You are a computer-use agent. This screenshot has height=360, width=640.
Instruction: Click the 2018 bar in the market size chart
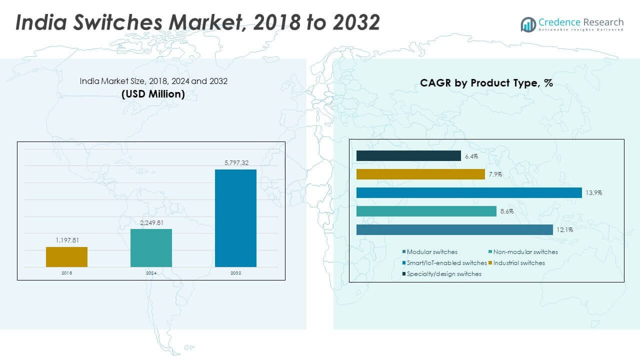66,257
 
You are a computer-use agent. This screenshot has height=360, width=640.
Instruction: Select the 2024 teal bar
151,248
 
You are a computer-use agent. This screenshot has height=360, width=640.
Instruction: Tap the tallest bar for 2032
235,218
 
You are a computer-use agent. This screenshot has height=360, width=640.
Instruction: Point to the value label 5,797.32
235,163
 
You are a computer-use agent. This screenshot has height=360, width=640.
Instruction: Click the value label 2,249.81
151,223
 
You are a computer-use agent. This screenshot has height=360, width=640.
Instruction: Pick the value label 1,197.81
66,240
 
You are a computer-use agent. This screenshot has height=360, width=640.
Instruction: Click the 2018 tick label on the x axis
66,273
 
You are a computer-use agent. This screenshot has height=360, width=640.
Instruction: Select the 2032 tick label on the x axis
235,273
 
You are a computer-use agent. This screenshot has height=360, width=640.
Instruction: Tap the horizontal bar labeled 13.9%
469,192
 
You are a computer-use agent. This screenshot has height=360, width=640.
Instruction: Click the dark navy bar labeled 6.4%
408,156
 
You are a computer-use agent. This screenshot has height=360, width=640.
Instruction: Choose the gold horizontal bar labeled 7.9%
420,174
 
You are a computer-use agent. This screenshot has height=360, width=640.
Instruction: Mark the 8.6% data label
506,211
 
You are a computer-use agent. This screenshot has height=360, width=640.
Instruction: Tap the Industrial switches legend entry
518,263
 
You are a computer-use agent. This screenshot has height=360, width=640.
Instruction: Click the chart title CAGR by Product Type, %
486,83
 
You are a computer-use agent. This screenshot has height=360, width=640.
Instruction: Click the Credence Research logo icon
528,23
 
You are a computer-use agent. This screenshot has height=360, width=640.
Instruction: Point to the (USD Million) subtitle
153,94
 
